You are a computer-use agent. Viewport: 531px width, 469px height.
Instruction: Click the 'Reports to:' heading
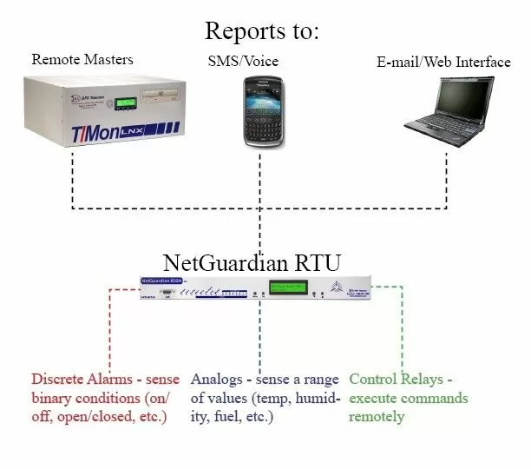[262, 31]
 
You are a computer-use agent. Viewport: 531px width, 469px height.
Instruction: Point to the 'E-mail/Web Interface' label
[443, 62]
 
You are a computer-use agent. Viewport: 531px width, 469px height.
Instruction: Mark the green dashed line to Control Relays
[402, 330]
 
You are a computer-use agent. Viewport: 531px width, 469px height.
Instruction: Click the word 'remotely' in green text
[377, 417]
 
